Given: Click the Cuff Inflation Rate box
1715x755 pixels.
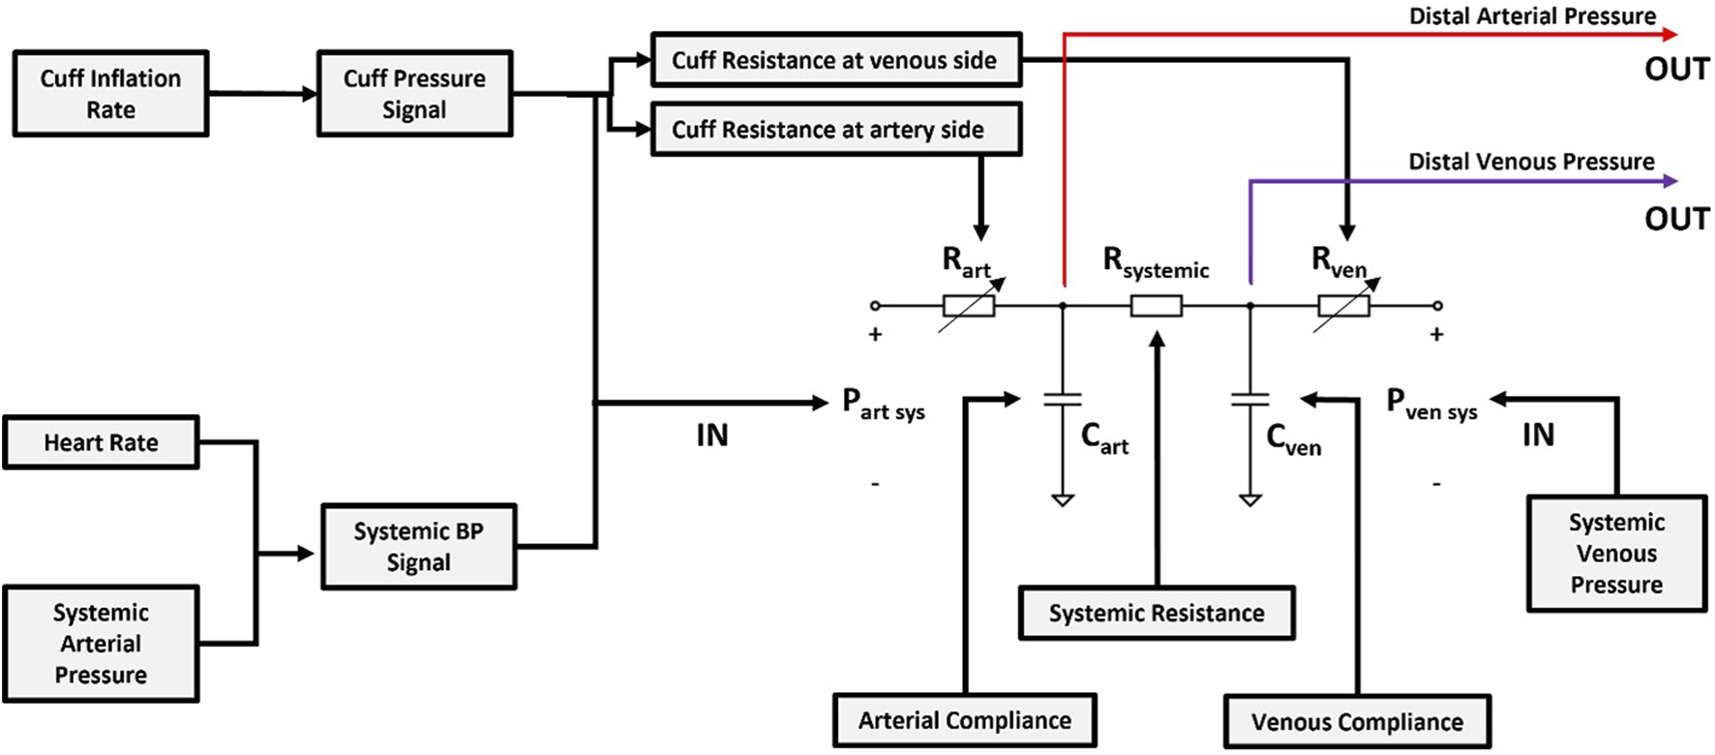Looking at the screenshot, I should [x=110, y=94].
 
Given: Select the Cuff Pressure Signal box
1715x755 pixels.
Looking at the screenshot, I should [x=414, y=94].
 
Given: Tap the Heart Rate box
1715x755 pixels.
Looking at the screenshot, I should [x=101, y=442].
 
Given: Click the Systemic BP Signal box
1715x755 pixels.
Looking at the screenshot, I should [x=418, y=547].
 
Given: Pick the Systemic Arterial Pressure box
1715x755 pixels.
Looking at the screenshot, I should [x=101, y=644].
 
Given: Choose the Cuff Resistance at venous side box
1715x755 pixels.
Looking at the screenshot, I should [x=836, y=60].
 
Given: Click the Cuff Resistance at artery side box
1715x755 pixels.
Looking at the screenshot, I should [x=836, y=130].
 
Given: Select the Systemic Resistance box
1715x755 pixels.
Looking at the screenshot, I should [x=1157, y=613].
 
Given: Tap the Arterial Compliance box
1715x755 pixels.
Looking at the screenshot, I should [x=964, y=720].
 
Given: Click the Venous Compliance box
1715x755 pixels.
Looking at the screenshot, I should [x=1357, y=722].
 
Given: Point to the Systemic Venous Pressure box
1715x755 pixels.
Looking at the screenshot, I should [x=1616, y=554].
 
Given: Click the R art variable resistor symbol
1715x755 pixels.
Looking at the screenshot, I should [x=969, y=306].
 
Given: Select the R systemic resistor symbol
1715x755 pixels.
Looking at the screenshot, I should [x=1157, y=306].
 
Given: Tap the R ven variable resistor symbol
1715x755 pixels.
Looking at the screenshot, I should [x=1343, y=306].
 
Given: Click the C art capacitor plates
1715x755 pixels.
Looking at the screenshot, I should [x=1063, y=399].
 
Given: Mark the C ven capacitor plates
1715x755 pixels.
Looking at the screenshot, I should [x=1249, y=399].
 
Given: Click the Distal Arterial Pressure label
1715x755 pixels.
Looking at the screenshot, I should [x=1532, y=16].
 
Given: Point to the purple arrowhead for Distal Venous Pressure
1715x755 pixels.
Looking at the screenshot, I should [x=1670, y=181].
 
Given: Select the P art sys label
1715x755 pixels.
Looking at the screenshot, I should [x=883, y=404].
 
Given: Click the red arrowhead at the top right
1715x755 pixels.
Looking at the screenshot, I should [x=1670, y=35].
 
